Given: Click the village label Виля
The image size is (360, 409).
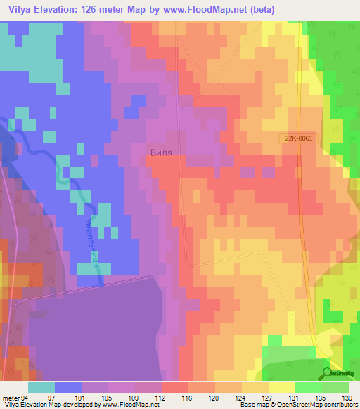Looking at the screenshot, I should (161, 151).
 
